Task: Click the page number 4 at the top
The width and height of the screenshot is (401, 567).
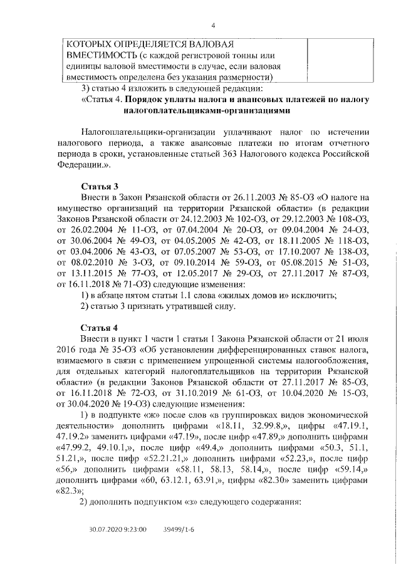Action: coord(214,25)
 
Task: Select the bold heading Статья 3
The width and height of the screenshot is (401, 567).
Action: coord(100,187)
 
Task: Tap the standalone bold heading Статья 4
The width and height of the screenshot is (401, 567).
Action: coord(100,328)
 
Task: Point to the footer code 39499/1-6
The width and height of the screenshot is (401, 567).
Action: coord(178,529)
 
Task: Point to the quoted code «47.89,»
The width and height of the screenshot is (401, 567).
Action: coord(261,442)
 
